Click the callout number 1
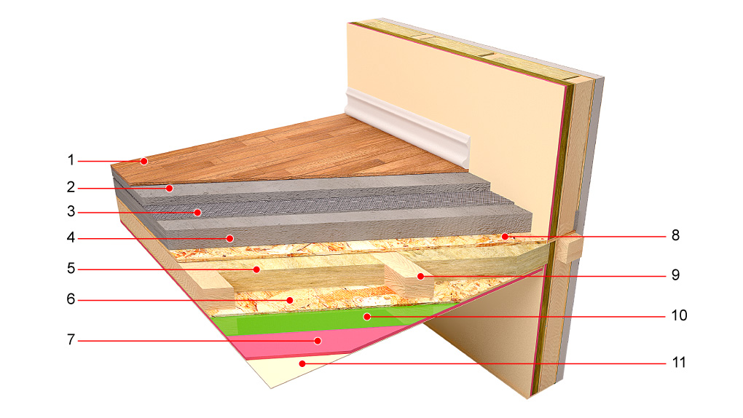coord(71,160)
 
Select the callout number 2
coord(71,187)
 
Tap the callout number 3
coord(71,211)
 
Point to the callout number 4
coord(71,237)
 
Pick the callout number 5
coord(71,269)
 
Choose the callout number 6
coord(71,299)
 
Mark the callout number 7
coord(71,340)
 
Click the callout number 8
coord(676,235)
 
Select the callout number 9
coord(676,275)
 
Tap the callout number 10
coord(679,315)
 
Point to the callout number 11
coord(679,363)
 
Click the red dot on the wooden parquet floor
coord(144,161)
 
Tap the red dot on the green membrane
coord(366,316)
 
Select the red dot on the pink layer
coord(318,341)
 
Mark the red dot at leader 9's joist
coord(421,276)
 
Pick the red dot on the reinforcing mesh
coord(197,213)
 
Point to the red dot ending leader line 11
coord(302,363)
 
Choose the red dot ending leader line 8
coord(505,236)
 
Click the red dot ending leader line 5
coord(256,269)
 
